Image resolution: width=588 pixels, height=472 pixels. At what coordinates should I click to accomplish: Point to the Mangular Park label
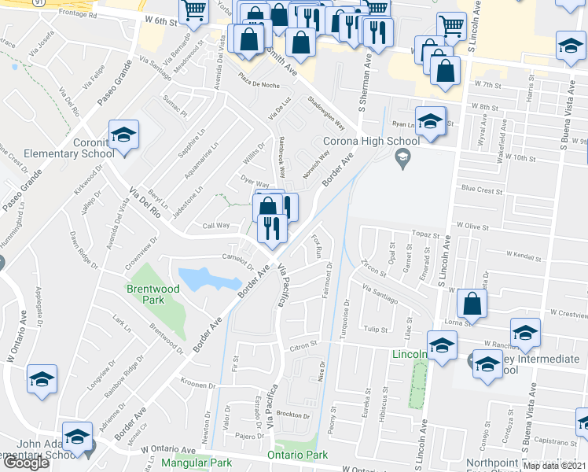pos(192,462)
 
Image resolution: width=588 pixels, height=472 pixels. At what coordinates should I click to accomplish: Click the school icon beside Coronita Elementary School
pos(123,135)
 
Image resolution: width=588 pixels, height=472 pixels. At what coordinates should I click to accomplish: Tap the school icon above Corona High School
pos(430,121)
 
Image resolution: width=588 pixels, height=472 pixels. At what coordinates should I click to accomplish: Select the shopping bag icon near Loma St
pos(472,303)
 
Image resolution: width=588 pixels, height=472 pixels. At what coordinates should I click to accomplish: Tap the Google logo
pos(26,463)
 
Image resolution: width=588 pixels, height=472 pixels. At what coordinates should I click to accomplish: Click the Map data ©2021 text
pos(554,466)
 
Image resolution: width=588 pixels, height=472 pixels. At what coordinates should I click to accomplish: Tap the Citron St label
pos(302,345)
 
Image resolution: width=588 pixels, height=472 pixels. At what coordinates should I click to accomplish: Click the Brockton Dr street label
pos(293,415)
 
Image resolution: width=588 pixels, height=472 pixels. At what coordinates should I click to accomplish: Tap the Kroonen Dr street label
pos(197,385)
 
